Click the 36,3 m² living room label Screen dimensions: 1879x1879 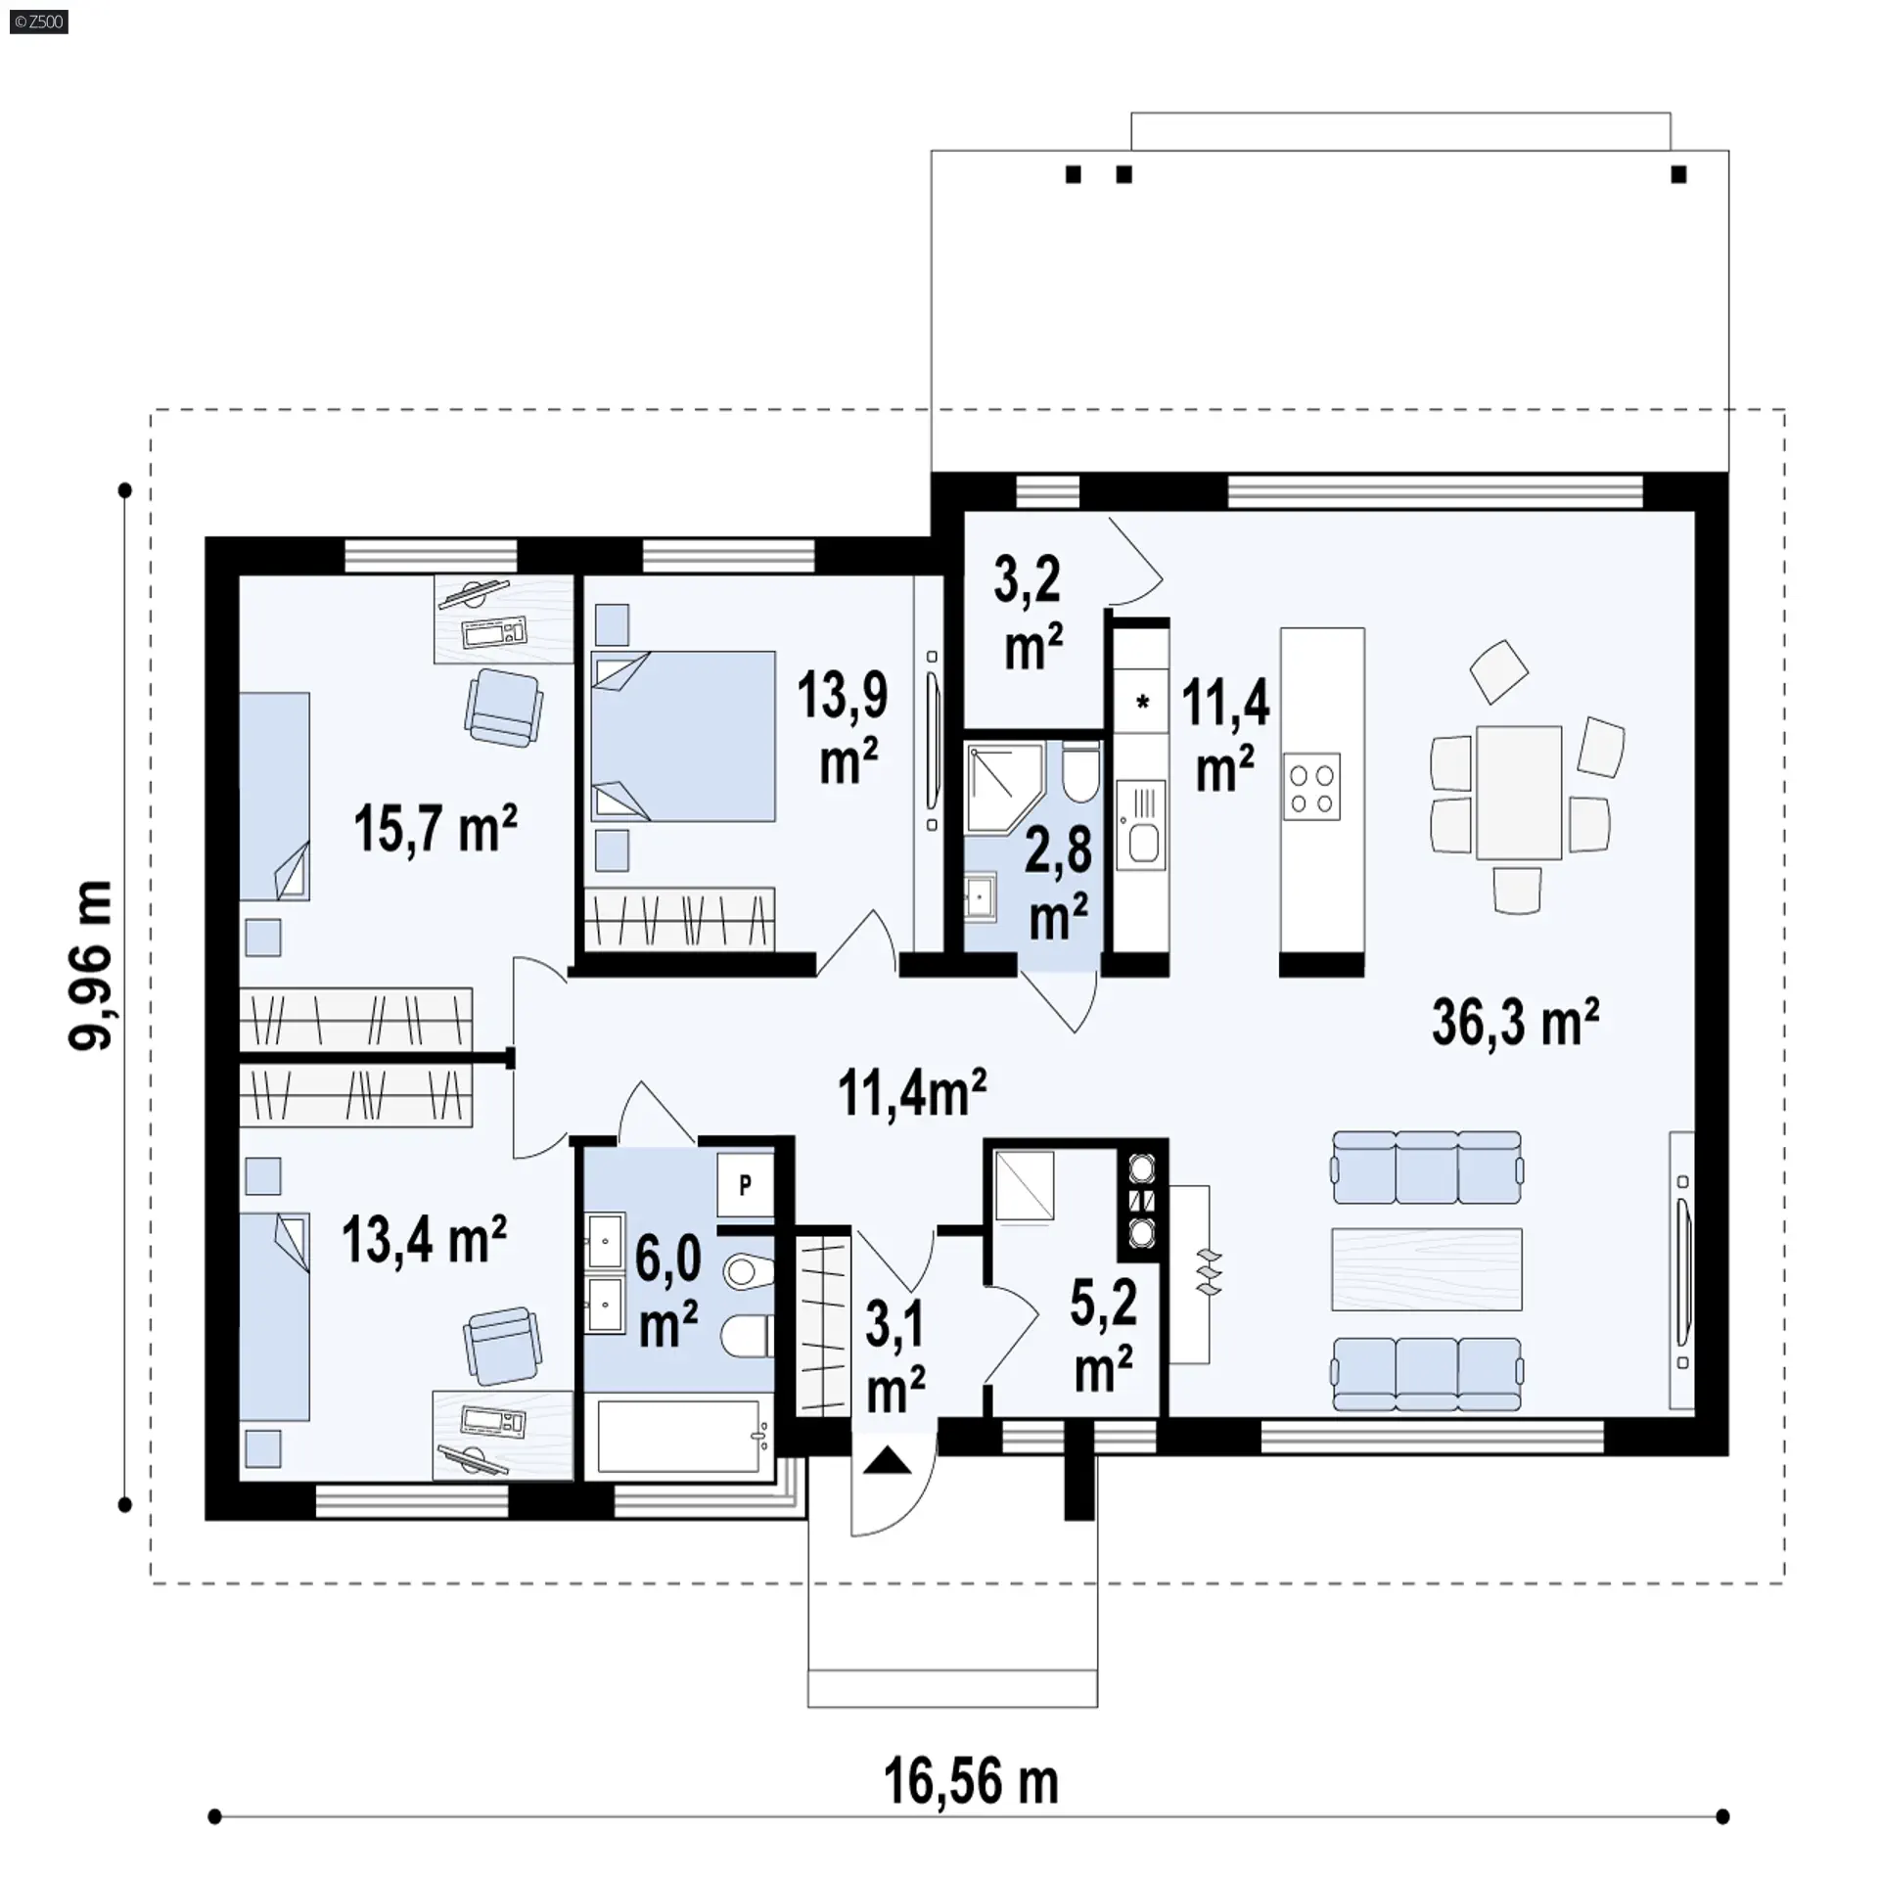(x=1515, y=1022)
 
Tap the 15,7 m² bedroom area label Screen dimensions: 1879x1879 (x=435, y=827)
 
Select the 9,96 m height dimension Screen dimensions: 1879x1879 (x=91, y=965)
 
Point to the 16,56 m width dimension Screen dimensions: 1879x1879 (x=971, y=1782)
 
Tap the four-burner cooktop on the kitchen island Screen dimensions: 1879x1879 (x=1312, y=787)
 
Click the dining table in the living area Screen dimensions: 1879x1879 (x=1519, y=792)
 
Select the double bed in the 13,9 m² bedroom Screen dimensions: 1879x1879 (x=682, y=736)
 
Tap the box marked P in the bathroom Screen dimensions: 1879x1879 (x=746, y=1185)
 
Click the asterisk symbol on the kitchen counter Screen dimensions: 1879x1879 (x=1142, y=701)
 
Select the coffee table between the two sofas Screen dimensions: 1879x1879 (x=1427, y=1269)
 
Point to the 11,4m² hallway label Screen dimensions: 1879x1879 (x=912, y=1092)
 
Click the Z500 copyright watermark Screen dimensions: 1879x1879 (x=39, y=22)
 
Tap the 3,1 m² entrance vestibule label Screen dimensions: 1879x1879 (x=895, y=1356)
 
